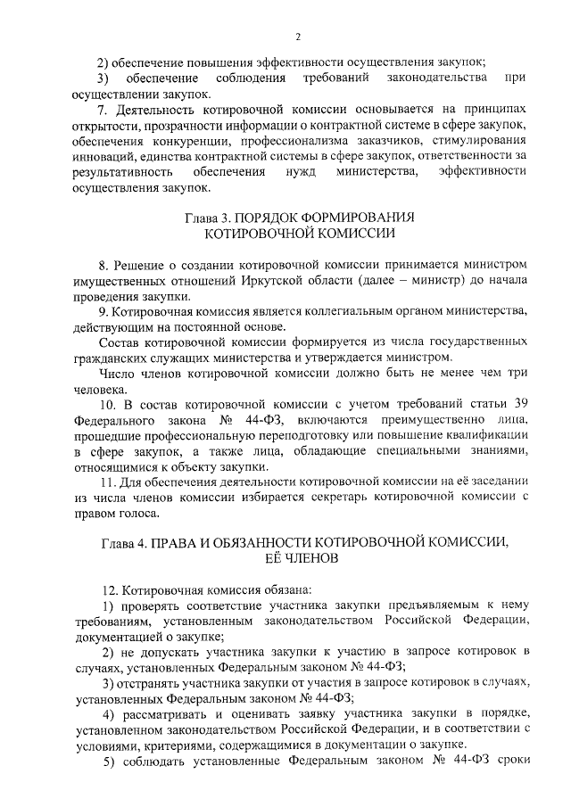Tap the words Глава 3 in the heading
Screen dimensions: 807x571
(206, 217)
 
